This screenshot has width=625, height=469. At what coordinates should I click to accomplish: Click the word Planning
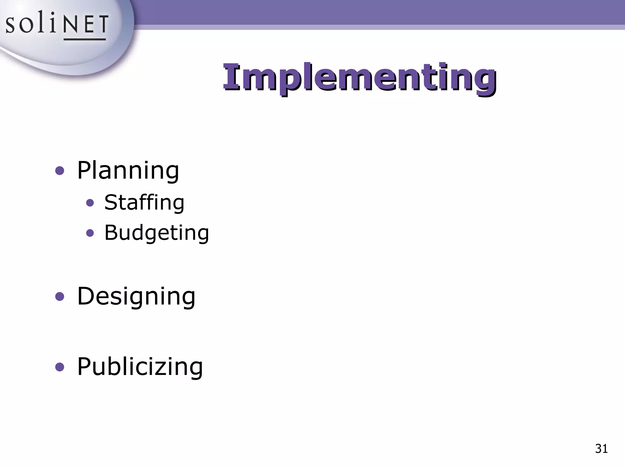[x=128, y=170]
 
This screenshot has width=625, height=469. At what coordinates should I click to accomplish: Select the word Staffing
[x=144, y=202]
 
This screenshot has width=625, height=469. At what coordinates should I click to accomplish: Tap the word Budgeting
[x=157, y=233]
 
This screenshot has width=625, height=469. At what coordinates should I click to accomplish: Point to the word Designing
[x=136, y=296]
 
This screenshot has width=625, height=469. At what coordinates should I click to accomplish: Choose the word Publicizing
[x=140, y=366]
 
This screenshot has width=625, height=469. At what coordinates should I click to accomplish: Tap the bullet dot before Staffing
[x=90, y=203]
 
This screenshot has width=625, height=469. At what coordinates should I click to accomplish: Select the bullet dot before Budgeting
[x=90, y=233]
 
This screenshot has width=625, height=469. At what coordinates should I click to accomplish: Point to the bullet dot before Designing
[x=60, y=296]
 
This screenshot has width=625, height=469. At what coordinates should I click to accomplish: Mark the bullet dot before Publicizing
[x=60, y=367]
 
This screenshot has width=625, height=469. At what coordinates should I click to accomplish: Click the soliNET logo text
[x=57, y=24]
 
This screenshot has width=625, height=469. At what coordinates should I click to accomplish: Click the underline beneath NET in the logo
[x=85, y=39]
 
